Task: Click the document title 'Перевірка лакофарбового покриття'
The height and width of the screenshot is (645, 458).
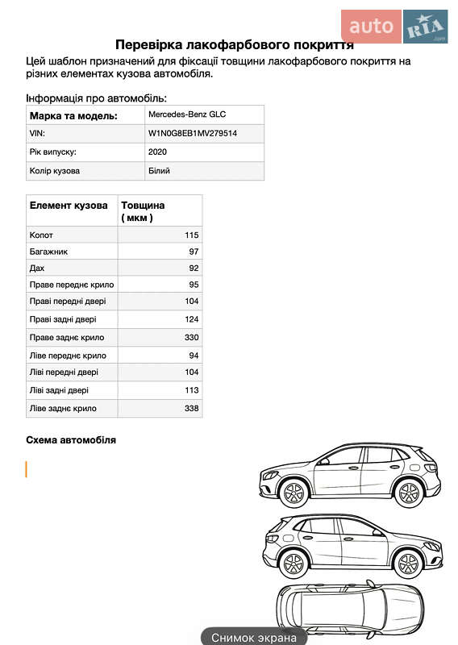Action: click(x=234, y=44)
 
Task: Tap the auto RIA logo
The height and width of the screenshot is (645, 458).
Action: click(x=394, y=27)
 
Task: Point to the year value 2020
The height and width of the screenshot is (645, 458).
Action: click(x=157, y=152)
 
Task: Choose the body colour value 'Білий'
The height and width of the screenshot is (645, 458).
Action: click(x=159, y=171)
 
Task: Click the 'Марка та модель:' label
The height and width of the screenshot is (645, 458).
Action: click(x=73, y=116)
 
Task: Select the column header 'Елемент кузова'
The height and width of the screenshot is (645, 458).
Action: click(x=69, y=206)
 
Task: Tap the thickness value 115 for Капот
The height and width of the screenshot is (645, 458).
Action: click(x=191, y=235)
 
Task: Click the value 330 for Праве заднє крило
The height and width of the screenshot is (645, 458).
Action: click(x=191, y=338)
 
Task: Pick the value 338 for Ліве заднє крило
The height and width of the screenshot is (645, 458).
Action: click(x=191, y=409)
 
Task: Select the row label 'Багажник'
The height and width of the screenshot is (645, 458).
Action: click(x=48, y=252)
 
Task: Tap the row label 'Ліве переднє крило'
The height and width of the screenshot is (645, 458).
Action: click(x=68, y=356)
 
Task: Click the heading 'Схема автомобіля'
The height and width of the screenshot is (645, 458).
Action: click(x=71, y=440)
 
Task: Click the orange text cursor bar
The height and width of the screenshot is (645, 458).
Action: click(x=27, y=468)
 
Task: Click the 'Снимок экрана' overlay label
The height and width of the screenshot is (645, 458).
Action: click(x=254, y=637)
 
